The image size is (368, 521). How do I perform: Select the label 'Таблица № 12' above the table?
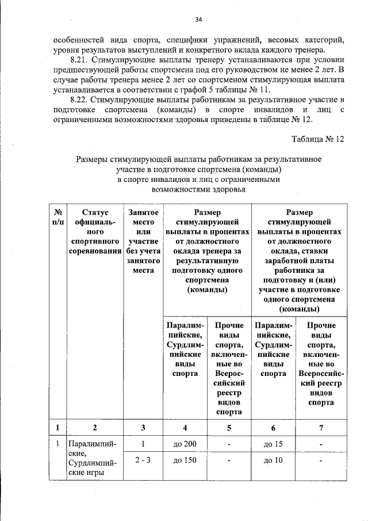(x=317, y=139)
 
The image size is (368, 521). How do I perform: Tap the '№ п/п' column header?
(x=57, y=217)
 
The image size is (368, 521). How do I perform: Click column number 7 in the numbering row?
(x=321, y=427)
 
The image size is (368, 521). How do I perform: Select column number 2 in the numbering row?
(x=95, y=427)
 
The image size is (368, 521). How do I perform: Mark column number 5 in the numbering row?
(x=229, y=427)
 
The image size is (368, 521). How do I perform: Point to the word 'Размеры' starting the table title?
(x=93, y=158)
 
